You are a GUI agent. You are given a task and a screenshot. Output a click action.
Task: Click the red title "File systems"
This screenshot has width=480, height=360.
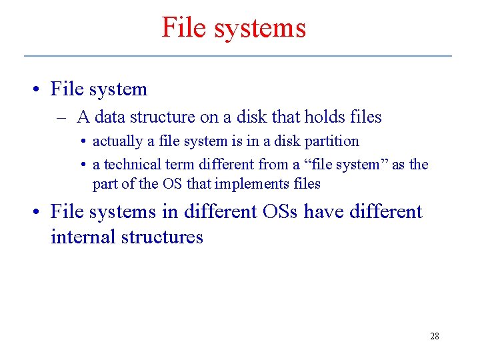click(x=234, y=28)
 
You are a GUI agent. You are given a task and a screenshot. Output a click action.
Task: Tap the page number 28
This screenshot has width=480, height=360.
click(x=434, y=336)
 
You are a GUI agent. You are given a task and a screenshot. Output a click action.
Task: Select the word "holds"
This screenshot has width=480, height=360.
click(x=325, y=117)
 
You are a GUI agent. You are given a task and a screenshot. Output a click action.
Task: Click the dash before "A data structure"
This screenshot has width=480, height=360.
click(x=61, y=117)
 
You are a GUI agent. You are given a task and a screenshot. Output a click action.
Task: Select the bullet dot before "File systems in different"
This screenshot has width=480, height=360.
click(x=38, y=212)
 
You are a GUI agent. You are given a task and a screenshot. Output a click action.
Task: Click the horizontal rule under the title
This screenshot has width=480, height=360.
click(x=237, y=55)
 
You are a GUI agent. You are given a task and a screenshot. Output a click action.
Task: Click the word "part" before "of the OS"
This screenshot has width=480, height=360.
click(x=105, y=183)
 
